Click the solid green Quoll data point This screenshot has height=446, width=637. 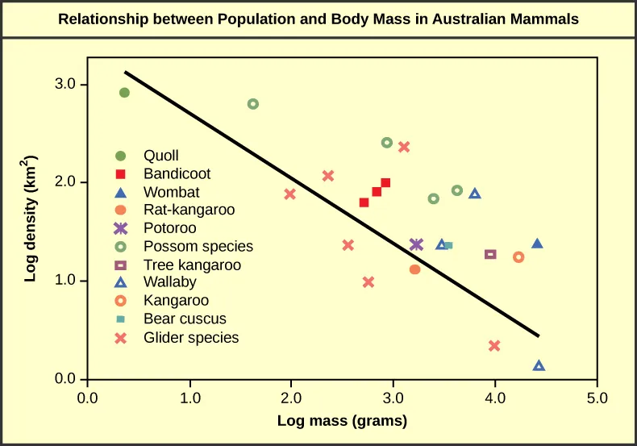coord(124,93)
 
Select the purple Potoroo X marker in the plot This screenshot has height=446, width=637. coord(416,244)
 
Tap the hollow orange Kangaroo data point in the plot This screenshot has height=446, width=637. coord(518,257)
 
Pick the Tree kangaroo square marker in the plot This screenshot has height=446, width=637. coord(490,254)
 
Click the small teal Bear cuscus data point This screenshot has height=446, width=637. coord(448,245)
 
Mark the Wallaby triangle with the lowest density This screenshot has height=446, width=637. coord(539,365)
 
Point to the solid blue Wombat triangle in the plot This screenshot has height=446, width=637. coord(537,244)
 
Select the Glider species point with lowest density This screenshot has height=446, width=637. coord(494,346)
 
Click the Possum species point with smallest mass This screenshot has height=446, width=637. coord(252,104)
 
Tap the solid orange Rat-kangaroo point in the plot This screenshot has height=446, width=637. coord(414,269)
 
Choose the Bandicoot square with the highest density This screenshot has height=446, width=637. coord(385,183)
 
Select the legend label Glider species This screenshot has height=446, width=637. coord(191,338)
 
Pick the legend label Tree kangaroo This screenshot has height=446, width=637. coord(192,265)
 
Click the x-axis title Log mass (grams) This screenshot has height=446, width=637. coord(342,420)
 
